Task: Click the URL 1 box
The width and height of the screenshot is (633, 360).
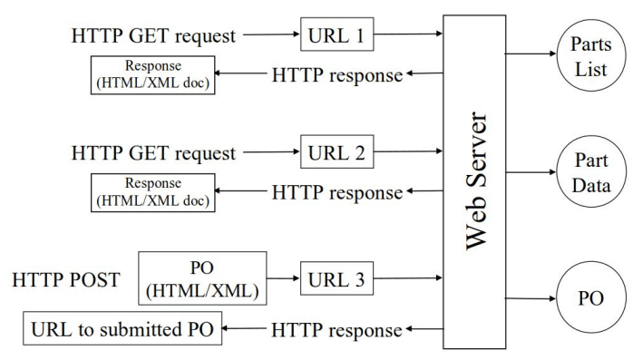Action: click(x=336, y=37)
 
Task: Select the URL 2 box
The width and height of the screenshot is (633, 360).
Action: click(x=336, y=153)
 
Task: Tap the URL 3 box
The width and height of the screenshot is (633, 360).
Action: click(x=336, y=279)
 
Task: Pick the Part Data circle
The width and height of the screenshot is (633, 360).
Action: click(x=590, y=173)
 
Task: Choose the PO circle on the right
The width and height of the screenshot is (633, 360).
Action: click(x=590, y=298)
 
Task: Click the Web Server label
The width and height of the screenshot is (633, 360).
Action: click(x=480, y=180)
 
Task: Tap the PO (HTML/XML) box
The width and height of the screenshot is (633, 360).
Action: click(x=202, y=278)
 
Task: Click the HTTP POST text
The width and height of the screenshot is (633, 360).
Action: click(x=66, y=279)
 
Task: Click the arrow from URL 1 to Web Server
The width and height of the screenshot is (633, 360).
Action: click(x=408, y=37)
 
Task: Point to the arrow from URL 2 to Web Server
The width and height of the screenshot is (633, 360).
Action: click(x=408, y=153)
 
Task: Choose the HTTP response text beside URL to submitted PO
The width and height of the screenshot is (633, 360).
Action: click(x=336, y=331)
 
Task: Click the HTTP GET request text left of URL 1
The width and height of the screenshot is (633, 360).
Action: click(x=153, y=37)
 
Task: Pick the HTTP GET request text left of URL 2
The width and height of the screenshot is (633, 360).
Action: click(x=153, y=153)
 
